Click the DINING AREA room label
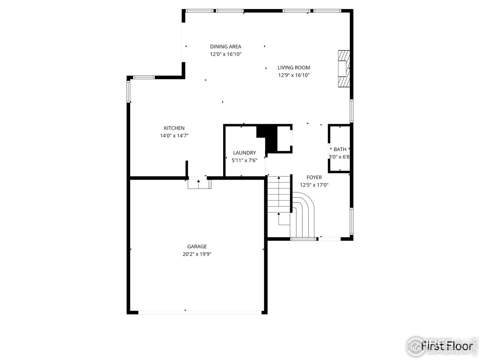tap(225, 46)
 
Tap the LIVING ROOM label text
tap(294, 67)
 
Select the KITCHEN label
tap(174, 128)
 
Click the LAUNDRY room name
tap(244, 153)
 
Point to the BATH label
tap(340, 149)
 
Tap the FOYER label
tap(314, 177)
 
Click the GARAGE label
tap(197, 246)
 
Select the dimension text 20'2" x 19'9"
tap(197, 254)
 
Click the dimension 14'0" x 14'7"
tap(174, 136)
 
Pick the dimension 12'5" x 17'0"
tap(314, 185)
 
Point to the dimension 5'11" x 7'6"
tap(244, 160)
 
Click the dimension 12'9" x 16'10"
tap(294, 75)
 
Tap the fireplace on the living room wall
tap(343, 69)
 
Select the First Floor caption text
tap(446, 345)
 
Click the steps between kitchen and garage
tap(199, 184)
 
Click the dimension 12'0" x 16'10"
tap(225, 54)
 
